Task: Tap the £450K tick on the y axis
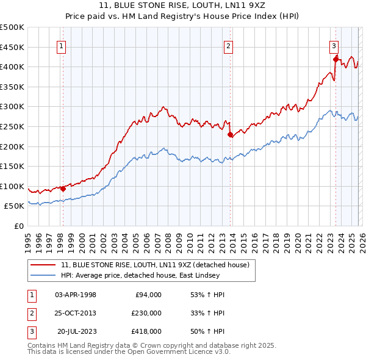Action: click(x=12, y=47)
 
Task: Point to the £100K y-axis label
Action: click(x=12, y=186)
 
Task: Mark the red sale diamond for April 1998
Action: click(x=63, y=189)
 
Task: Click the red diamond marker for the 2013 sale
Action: click(x=230, y=135)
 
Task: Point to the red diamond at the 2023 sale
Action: click(x=335, y=59)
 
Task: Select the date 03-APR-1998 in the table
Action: click(x=76, y=295)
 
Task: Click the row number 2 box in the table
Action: click(x=30, y=313)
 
